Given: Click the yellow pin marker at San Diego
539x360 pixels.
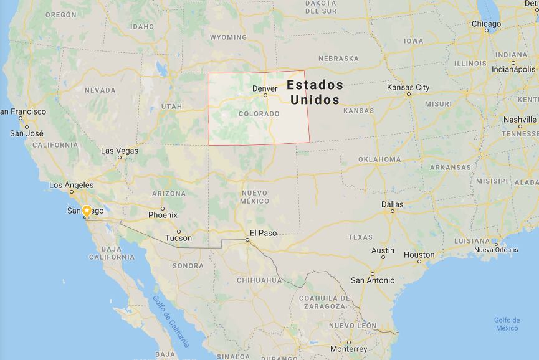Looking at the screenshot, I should (87, 211).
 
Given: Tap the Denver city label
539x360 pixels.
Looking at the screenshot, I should (265, 88).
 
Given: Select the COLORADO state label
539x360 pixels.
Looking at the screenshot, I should (259, 114).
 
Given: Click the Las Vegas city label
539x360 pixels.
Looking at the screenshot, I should (120, 151).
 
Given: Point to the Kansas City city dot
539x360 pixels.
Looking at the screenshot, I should (409, 94).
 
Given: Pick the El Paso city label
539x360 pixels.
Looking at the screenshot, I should (263, 233).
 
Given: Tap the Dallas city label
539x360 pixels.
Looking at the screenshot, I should (393, 204).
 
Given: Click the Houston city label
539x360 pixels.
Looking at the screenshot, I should (419, 255).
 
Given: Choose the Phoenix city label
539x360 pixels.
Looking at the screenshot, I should (163, 215).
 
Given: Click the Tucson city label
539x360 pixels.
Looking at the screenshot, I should (178, 238).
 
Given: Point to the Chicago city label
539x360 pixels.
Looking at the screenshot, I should (486, 24).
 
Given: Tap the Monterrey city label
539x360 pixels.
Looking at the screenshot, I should (349, 349).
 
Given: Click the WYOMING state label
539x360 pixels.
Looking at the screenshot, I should (228, 37).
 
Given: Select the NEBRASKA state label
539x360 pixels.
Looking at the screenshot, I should (338, 59).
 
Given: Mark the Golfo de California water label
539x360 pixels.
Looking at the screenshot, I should (171, 321).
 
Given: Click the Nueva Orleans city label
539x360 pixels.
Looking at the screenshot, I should (496, 250).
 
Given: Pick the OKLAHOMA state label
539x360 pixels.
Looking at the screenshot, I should (379, 159).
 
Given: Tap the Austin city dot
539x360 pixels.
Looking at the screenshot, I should (383, 257).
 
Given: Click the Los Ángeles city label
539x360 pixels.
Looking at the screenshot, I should (71, 185).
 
